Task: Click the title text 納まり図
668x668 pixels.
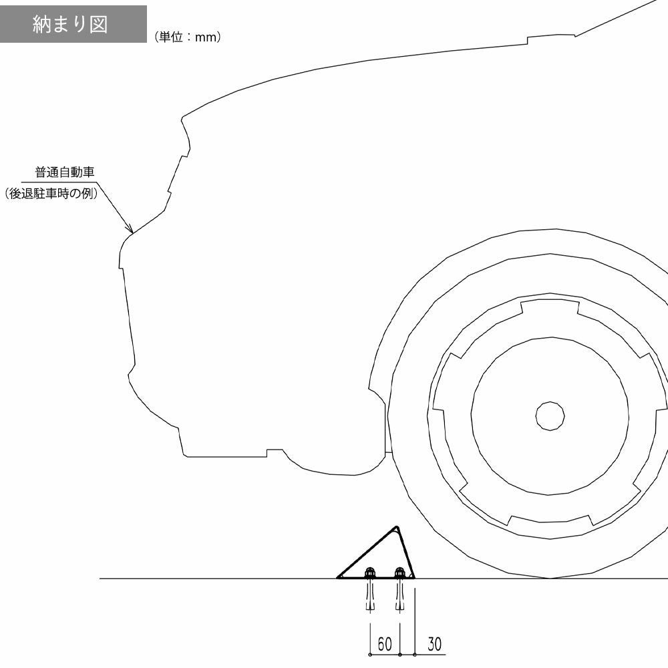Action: coord(70,24)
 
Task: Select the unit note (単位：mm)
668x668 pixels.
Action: coord(188,37)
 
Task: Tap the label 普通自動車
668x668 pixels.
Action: coord(64,172)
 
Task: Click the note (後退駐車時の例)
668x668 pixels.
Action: coord(52,194)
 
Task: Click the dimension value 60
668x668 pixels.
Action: coord(385,644)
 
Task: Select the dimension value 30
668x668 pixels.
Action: coord(434,644)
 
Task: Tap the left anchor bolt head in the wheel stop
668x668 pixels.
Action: coord(370,572)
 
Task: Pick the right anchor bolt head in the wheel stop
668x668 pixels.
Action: coord(399,572)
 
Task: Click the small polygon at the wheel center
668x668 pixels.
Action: coord(550,415)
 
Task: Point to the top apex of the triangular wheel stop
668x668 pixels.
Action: coord(396,526)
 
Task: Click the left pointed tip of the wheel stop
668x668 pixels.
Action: coord(337,578)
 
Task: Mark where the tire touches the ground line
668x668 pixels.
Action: coord(550,578)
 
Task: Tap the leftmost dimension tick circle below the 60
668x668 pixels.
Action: coord(370,655)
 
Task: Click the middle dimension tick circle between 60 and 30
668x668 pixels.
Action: coord(399,655)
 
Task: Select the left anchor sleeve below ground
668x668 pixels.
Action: coord(370,596)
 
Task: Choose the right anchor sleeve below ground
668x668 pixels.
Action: coord(399,596)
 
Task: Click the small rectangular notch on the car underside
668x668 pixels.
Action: coord(275,452)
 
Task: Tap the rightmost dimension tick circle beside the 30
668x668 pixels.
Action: coord(415,655)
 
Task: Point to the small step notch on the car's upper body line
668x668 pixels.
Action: coord(528,41)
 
